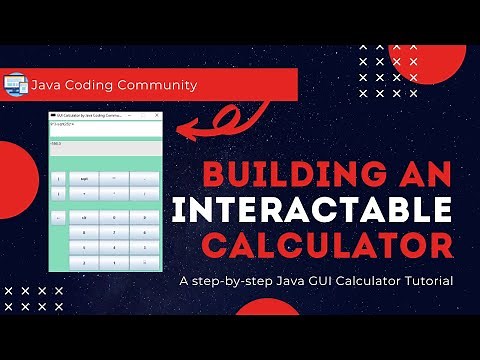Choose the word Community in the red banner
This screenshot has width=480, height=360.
(x=161, y=84)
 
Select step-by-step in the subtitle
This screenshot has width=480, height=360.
(x=236, y=281)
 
